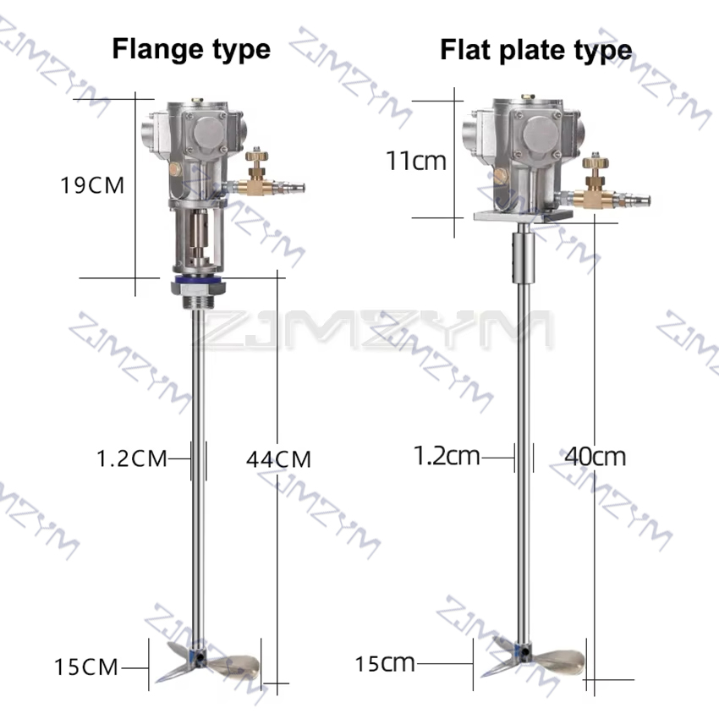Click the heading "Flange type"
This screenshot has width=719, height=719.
coord(191,50)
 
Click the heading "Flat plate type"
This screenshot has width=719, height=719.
coord(536,50)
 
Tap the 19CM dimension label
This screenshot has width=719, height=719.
coord(92,185)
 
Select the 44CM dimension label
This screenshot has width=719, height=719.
coord(279,459)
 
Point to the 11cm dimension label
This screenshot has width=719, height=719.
coord(416,161)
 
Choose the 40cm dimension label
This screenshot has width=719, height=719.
coord(596,457)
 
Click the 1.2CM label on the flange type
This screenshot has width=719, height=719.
coord(132,458)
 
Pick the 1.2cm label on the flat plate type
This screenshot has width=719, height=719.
coord(447,456)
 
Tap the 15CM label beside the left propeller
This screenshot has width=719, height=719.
coord(86,667)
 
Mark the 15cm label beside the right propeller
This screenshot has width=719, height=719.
coord(385,663)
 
